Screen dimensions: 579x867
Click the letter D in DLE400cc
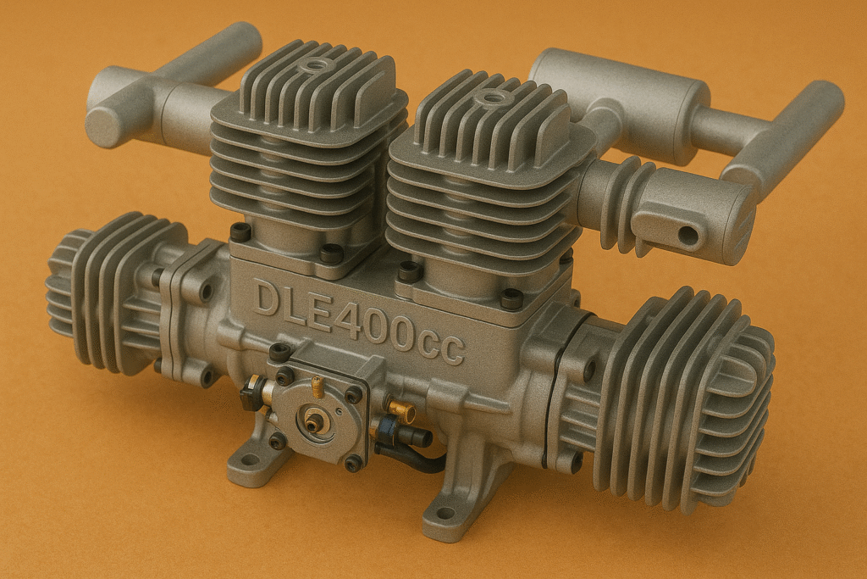tap(269, 299)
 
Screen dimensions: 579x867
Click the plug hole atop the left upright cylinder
tap(318, 65)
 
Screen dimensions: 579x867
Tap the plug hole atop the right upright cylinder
tap(489, 98)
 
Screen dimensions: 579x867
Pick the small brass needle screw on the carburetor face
tap(318, 387)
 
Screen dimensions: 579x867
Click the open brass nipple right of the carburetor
tap(406, 413)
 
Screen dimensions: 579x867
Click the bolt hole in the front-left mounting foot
tap(251, 460)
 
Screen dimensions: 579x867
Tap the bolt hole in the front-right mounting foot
tap(445, 513)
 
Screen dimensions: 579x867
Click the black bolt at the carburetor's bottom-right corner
tap(353, 463)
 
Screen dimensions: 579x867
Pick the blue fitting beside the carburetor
tap(388, 428)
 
